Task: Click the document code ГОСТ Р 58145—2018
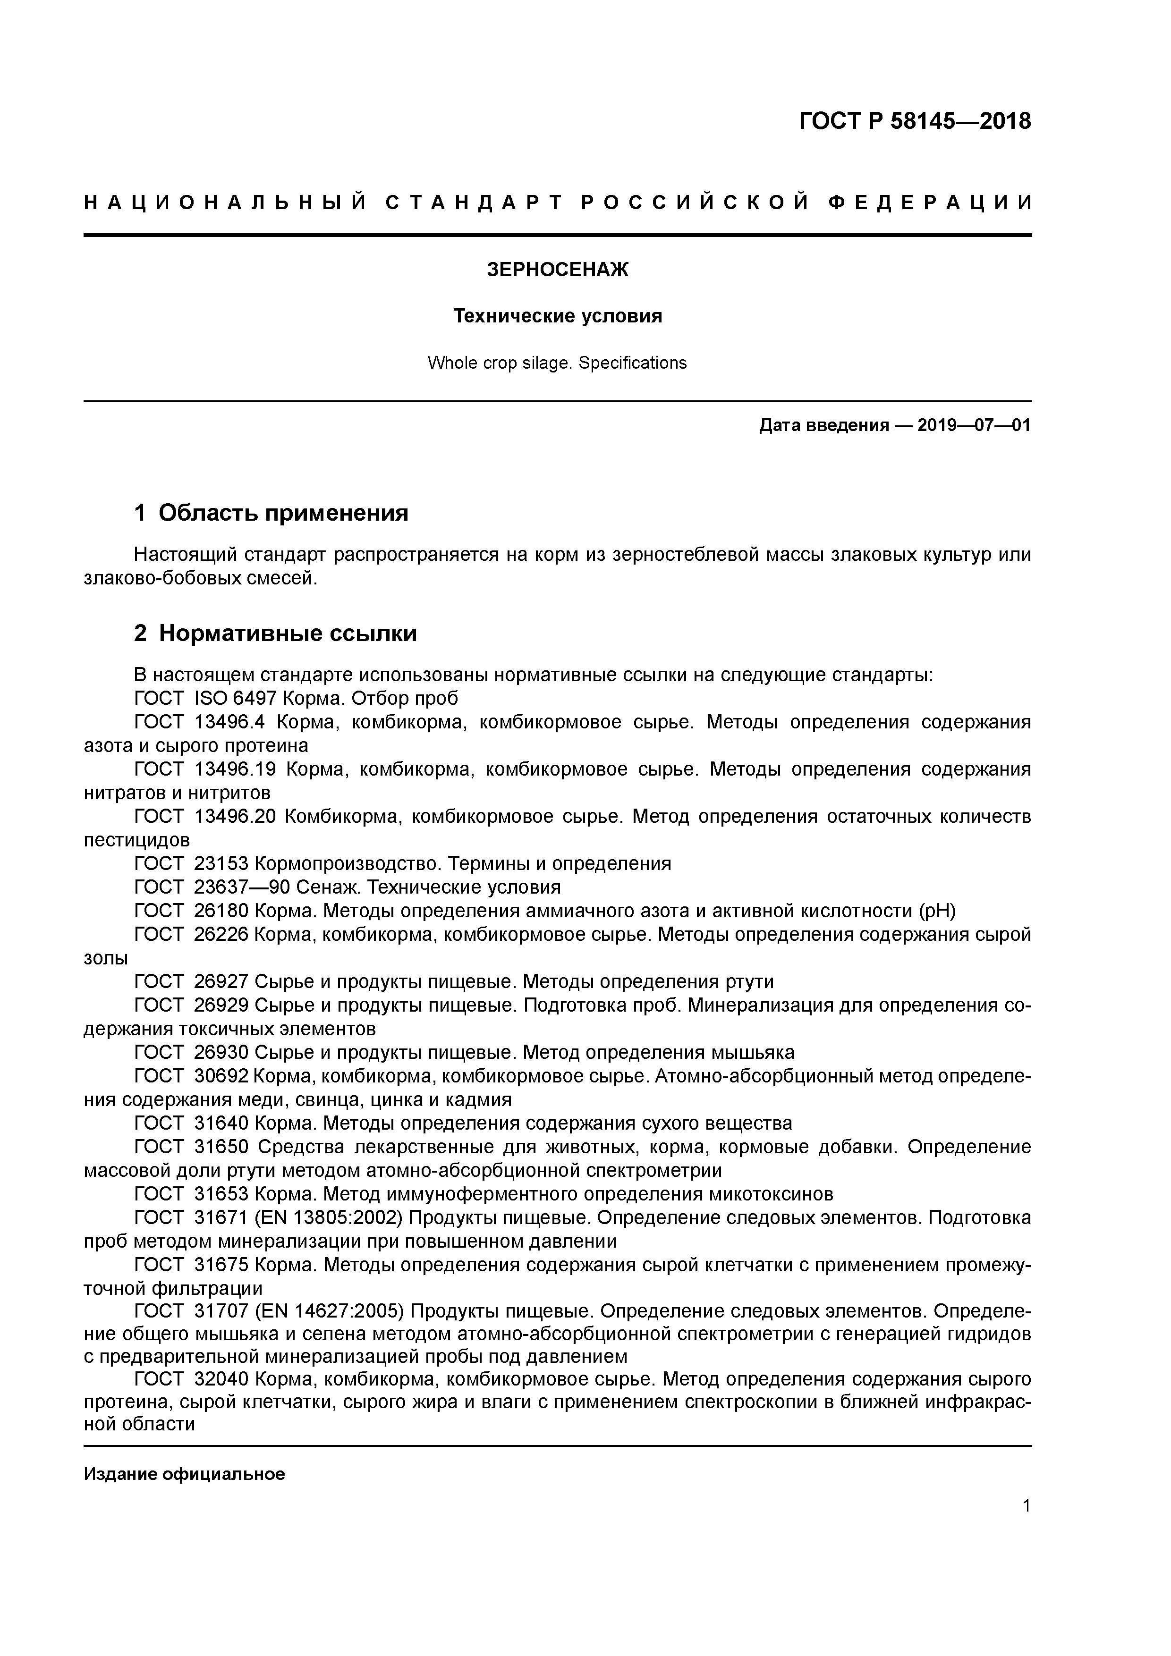click(x=915, y=121)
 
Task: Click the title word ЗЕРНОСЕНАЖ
click(x=558, y=270)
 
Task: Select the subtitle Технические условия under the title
click(x=558, y=316)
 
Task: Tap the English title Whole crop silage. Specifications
click(x=557, y=363)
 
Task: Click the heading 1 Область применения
click(x=272, y=513)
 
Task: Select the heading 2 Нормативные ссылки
click(x=276, y=633)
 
